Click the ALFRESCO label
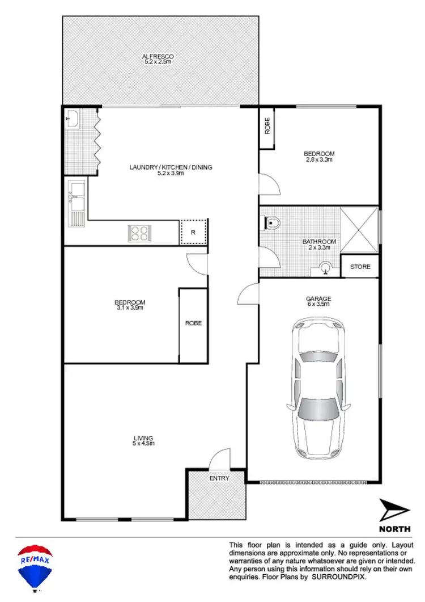pyautogui.click(x=158, y=56)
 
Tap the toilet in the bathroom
pyautogui.click(x=274, y=223)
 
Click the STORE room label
pyautogui.click(x=360, y=266)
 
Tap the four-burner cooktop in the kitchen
pyautogui.click(x=139, y=233)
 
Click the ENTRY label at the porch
pyautogui.click(x=219, y=478)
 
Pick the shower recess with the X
pyautogui.click(x=359, y=231)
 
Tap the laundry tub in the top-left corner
pyautogui.click(x=73, y=119)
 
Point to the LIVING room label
pyautogui.click(x=143, y=437)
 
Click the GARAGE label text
pyautogui.click(x=319, y=298)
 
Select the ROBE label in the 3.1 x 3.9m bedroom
pyautogui.click(x=193, y=323)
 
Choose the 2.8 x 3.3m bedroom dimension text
pyautogui.click(x=318, y=160)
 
